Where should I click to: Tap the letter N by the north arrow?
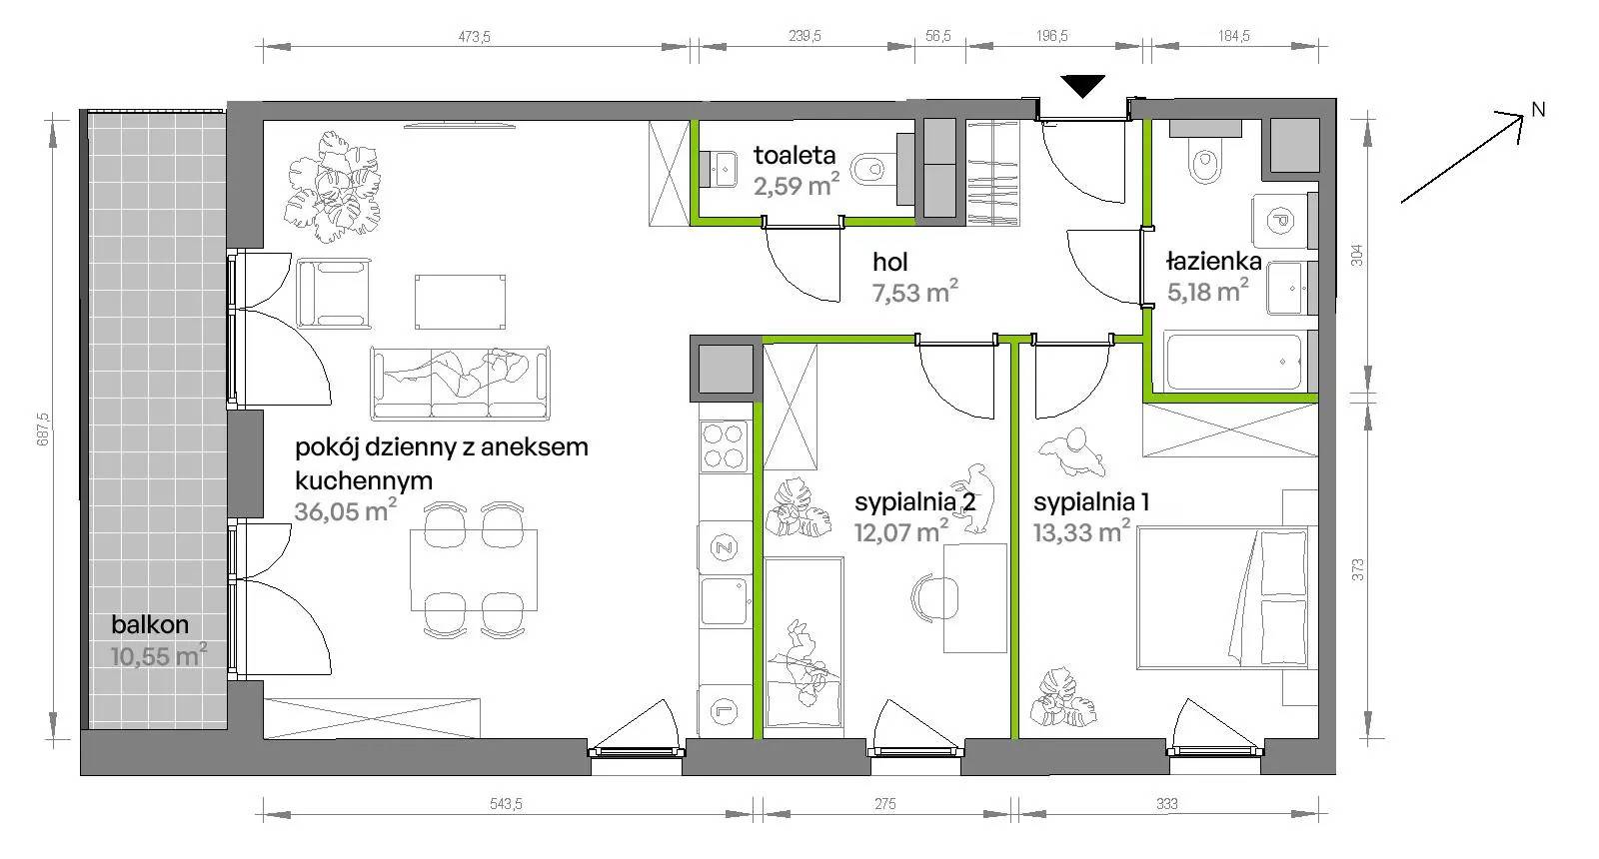1538,110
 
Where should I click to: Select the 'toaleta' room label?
795,155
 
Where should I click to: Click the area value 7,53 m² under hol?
915,291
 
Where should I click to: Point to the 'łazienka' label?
1214,261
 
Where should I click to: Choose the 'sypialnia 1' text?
1090,502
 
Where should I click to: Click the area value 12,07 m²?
901,531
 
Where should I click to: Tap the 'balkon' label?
150,625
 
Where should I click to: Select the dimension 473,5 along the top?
474,36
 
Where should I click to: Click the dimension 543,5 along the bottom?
506,804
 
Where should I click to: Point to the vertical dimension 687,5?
43,429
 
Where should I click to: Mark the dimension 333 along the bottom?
1166,804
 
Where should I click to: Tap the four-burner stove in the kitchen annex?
724,446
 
